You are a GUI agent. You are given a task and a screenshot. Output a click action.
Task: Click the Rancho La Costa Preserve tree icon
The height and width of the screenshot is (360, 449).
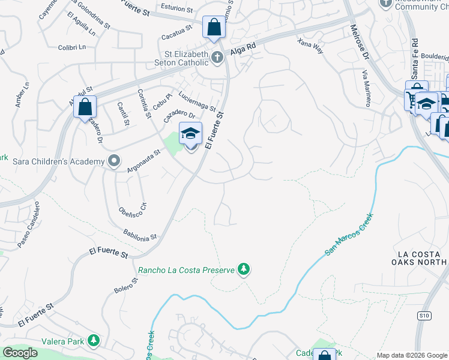[244, 269]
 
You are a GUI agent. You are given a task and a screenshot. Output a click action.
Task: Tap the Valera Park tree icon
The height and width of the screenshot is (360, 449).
[93, 341]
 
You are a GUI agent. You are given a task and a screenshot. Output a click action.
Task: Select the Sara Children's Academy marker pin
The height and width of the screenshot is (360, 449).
[113, 161]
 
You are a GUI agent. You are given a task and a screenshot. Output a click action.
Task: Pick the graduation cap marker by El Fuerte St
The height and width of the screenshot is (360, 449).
[190, 134]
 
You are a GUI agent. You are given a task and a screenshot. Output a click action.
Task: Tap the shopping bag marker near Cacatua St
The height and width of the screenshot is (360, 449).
[213, 28]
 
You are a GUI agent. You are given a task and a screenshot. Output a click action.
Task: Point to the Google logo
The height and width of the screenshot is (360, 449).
[21, 353]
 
